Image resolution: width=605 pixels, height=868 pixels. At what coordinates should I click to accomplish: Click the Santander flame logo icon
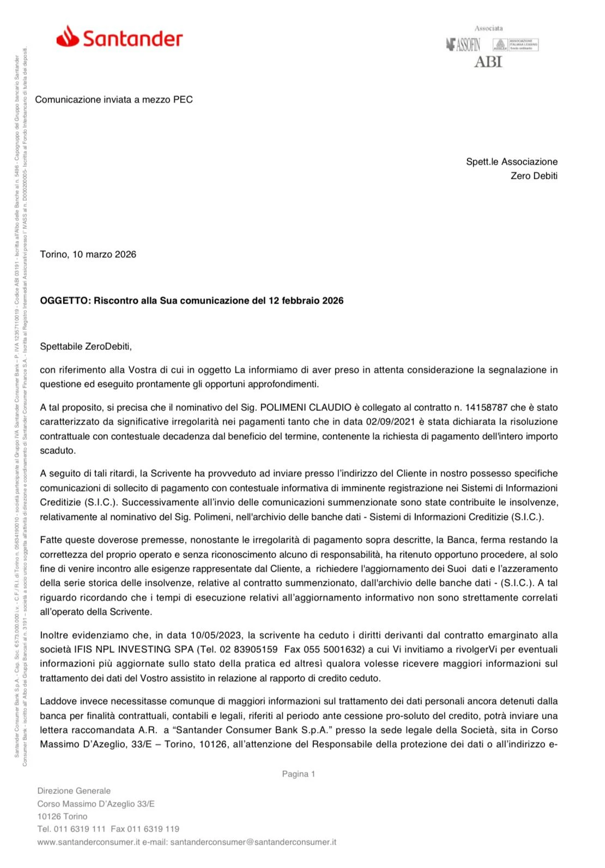(x=68, y=37)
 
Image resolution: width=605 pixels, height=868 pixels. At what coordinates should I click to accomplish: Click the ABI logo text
(x=488, y=62)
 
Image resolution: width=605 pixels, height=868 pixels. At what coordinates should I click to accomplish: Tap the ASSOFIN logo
(x=463, y=45)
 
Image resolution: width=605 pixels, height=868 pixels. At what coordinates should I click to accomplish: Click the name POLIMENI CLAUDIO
(x=305, y=408)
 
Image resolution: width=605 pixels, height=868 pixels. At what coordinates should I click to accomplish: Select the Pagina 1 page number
(x=298, y=774)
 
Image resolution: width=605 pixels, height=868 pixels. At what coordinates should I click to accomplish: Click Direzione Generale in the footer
(x=74, y=791)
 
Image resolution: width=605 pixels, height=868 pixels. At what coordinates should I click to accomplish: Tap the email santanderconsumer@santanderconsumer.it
(x=253, y=842)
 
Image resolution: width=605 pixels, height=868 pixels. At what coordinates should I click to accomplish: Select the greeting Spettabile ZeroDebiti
(x=86, y=347)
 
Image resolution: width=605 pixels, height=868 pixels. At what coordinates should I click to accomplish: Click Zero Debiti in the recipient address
(x=534, y=176)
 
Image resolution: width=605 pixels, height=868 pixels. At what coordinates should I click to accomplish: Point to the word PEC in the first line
(x=183, y=100)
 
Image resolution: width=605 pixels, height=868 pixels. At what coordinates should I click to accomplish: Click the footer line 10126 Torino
(x=62, y=816)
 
